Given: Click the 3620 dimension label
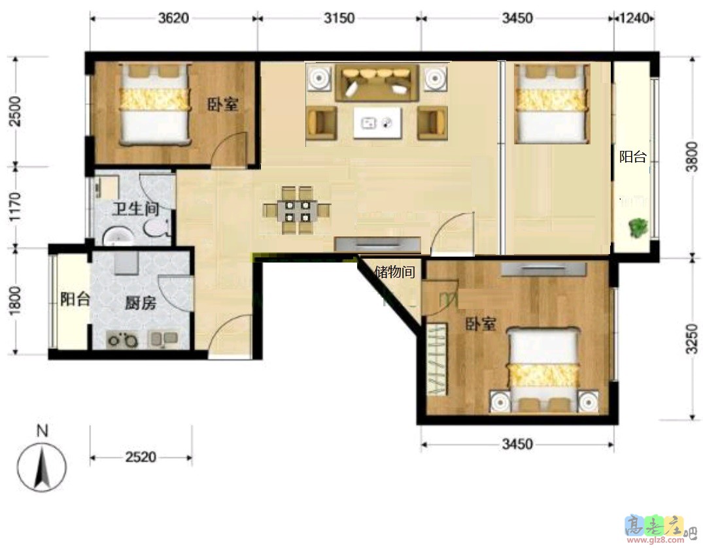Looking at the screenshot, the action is pos(173,18).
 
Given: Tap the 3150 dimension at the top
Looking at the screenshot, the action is pos(339,18).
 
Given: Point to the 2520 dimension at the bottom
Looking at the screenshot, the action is pos(141,457).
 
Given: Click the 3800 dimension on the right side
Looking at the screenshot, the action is pos(693,156).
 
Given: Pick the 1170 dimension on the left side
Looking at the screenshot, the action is pos(15,206).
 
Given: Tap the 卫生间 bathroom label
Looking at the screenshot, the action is pos(135,208).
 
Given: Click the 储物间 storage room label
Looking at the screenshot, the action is pos(394,271).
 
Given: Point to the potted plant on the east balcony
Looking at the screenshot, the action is pos(637,227).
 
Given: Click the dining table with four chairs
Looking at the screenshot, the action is pos(296,210).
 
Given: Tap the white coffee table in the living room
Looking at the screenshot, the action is pos(377,123).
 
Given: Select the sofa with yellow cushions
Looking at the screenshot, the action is pos(377,83).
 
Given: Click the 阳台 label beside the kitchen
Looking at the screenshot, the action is pos(75,299).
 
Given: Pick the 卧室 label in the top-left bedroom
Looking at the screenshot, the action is pos(222,105).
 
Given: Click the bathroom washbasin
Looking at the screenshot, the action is pos(118,236).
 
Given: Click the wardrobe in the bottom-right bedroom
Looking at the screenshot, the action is pos(437,359).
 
